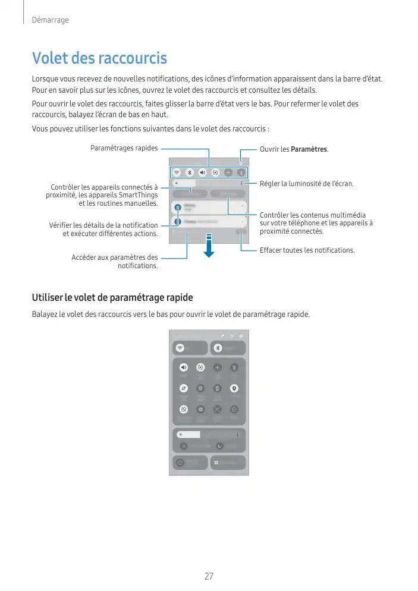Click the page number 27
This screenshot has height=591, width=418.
coord(209,576)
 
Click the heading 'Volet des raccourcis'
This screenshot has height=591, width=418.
coord(99,58)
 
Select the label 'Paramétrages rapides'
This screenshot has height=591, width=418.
coord(124,148)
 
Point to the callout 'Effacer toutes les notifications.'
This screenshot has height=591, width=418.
coord(307,250)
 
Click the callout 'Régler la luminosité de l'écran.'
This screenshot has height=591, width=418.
coord(306,184)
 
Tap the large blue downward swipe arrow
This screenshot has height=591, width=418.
coord(209,246)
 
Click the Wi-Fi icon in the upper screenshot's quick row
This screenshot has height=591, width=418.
coord(177,172)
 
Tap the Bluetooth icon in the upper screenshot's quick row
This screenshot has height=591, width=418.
coord(190,172)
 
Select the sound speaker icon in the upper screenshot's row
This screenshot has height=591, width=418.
coord(202,172)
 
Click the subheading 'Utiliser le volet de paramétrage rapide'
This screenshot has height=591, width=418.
coord(112,297)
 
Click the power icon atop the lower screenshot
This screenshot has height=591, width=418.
coord(231,336)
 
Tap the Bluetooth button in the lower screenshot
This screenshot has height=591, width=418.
coord(218,348)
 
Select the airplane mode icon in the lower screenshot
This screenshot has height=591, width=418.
coord(218,367)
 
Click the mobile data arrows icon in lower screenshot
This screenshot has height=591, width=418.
coord(184,388)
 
